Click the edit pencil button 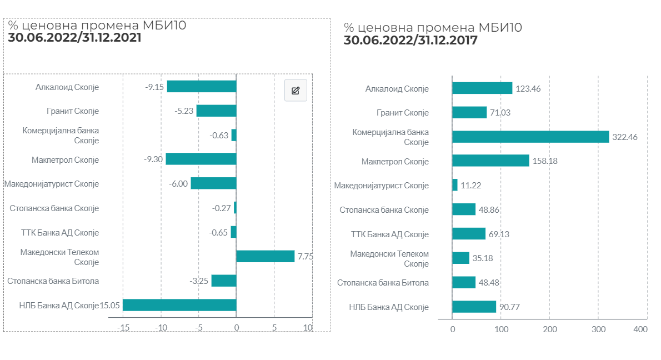(x=296, y=90)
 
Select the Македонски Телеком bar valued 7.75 (x=265, y=256)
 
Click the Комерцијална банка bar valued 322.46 (x=530, y=137)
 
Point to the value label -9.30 (x=153, y=159)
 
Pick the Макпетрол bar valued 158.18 (x=490, y=161)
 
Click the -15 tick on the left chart (x=123, y=328)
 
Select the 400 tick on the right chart (x=640, y=329)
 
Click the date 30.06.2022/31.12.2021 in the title (x=74, y=38)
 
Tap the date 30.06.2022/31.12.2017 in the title (x=410, y=40)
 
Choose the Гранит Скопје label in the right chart (x=403, y=113)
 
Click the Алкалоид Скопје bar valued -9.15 (x=202, y=86)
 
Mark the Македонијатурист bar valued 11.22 (x=455, y=185)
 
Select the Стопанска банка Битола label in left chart (x=53, y=281)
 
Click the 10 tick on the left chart (x=308, y=328)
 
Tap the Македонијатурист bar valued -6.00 (x=213, y=183)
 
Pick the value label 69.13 (x=498, y=234)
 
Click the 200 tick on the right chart (x=549, y=329)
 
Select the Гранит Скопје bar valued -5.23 (x=216, y=111)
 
